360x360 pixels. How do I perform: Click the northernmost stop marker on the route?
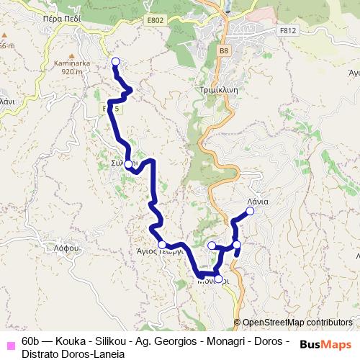(115, 61)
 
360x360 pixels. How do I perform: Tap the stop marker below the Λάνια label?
(250, 211)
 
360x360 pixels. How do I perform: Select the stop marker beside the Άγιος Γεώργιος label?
(162, 245)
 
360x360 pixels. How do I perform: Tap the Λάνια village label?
(257, 202)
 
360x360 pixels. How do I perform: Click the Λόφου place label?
(66, 248)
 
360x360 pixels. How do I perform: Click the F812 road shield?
(288, 30)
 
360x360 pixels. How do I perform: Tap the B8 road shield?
(224, 51)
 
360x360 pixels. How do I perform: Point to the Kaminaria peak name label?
(73, 63)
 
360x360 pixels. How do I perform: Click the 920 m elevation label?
(73, 71)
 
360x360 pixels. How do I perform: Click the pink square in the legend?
(10, 341)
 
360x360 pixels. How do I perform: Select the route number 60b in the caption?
(31, 341)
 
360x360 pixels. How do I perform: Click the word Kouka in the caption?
(69, 341)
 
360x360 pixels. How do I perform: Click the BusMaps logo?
(325, 343)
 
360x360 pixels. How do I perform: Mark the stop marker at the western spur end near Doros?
(212, 246)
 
